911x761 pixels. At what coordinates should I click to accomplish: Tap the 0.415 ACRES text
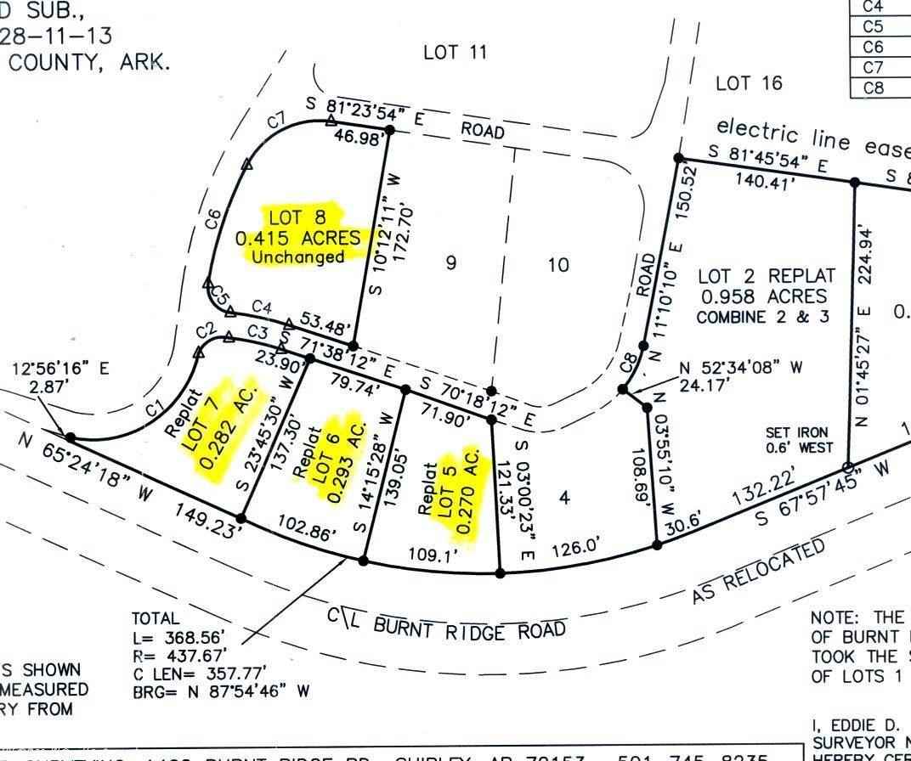298,239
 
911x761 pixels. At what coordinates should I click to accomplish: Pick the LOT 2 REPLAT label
767,277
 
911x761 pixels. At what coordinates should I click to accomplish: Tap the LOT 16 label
748,83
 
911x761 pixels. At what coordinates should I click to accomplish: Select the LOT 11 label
455,53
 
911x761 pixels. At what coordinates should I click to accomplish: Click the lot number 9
450,262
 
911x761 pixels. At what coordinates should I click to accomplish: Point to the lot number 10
557,265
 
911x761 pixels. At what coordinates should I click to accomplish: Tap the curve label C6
213,220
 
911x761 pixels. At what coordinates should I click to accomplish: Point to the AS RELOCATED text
759,571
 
